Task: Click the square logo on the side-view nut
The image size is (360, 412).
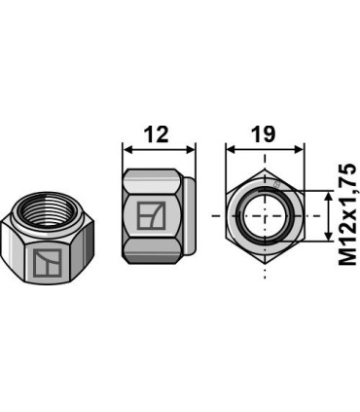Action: coord(151,215)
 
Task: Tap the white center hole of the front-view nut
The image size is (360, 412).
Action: coord(266,215)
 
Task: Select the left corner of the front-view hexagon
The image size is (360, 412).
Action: coord(228,215)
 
